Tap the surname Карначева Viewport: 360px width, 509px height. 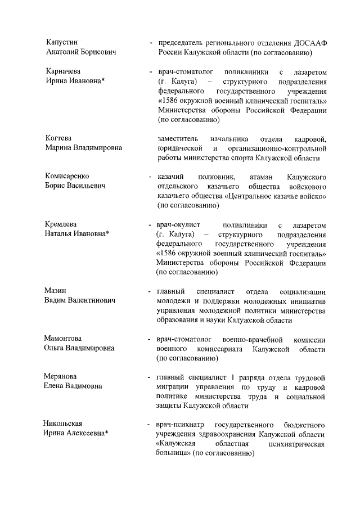tap(63, 72)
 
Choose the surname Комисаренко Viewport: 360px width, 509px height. tap(66, 176)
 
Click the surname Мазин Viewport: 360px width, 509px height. tap(55, 291)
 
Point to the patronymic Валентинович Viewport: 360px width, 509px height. tap(91, 301)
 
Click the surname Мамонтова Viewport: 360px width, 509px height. tap(62, 339)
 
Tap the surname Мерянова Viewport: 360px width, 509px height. tap(60, 376)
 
